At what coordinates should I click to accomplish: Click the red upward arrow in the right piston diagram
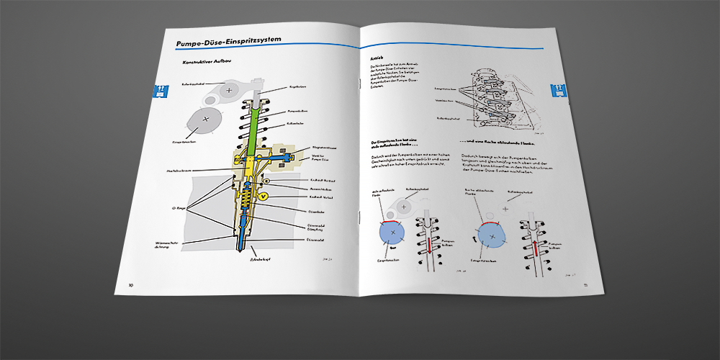536,250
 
